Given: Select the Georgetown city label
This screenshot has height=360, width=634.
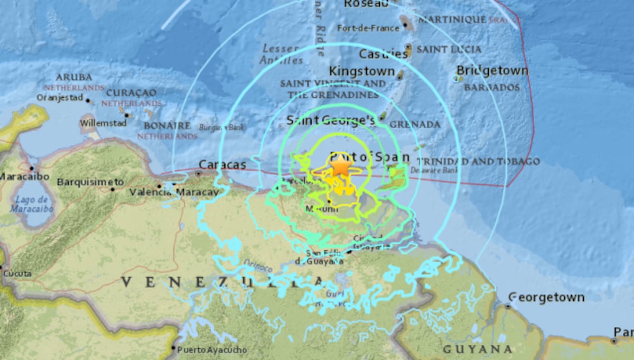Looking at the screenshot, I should coord(547,297).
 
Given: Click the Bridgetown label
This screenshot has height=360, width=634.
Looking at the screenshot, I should coord(492,71).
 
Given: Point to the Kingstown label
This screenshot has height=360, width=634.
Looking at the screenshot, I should coord(362,71).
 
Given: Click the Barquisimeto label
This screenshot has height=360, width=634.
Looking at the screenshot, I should coord(90,182).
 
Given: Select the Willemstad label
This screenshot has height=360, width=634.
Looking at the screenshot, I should coord(96,123).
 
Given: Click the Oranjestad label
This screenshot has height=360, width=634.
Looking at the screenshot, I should coord(60,97).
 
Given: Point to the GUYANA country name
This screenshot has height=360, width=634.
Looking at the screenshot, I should coord(477,349).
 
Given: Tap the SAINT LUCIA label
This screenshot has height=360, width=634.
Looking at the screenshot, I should coord(449,49).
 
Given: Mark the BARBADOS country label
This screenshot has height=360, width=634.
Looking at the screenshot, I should coord(492,87).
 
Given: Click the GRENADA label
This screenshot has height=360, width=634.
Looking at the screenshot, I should coord(415,125).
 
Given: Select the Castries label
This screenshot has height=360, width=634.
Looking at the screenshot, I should coord(383,54).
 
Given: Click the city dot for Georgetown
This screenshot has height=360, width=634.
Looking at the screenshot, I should coord(508,306).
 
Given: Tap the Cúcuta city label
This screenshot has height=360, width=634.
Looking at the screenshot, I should coord(17,274).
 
